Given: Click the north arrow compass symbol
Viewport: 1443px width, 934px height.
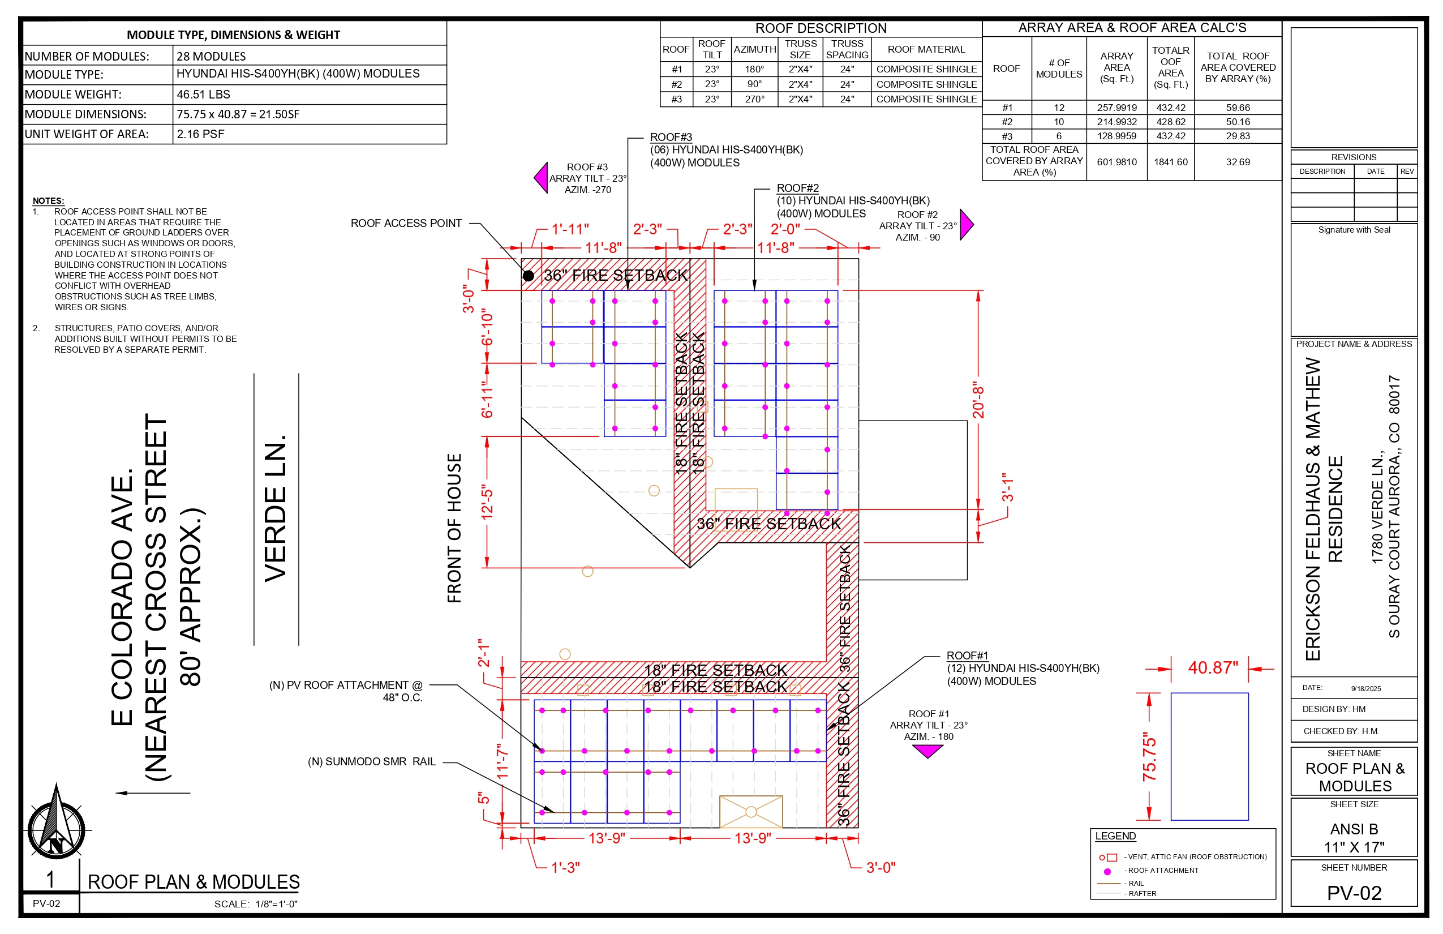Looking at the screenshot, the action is [x=57, y=823].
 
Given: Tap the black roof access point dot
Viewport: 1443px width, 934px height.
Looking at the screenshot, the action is [x=528, y=276].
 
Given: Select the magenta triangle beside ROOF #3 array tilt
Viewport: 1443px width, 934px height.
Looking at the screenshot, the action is [x=541, y=178].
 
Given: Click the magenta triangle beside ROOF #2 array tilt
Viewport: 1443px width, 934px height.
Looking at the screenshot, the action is [x=967, y=224].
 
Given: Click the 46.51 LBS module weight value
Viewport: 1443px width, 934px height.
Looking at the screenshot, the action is [x=203, y=95].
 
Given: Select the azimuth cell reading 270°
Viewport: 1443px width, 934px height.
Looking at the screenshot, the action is [x=754, y=99].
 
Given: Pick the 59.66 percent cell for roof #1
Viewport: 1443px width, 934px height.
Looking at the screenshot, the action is [x=1238, y=108].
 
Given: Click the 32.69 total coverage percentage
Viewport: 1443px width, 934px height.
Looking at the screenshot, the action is [x=1238, y=162].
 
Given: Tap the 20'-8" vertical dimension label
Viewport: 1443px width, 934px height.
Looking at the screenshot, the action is [x=978, y=400].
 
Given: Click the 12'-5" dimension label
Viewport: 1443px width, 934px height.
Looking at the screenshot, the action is [x=487, y=502].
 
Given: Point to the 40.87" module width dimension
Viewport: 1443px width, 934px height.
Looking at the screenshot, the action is [x=1213, y=668].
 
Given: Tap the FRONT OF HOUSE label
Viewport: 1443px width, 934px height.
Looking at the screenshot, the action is [x=454, y=528].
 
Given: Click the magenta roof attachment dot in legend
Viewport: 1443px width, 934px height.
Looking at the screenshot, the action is [x=1107, y=872].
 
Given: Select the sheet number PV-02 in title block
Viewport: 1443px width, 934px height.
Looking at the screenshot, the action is [x=1354, y=893].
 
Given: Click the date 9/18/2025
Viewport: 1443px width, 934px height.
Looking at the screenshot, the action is [x=1365, y=688].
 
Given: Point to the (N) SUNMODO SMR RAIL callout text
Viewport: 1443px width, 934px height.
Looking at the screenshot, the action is [x=372, y=762].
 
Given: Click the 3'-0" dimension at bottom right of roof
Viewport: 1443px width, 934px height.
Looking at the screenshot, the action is [x=881, y=867].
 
